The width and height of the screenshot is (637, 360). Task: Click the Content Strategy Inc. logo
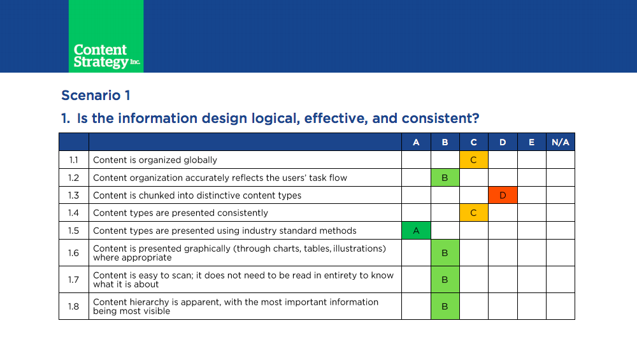click(x=106, y=36)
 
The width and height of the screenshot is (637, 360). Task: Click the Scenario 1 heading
click(x=96, y=96)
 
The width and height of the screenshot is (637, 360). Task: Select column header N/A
click(x=560, y=142)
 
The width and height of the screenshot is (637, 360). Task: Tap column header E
click(x=531, y=142)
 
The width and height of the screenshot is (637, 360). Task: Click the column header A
click(x=416, y=142)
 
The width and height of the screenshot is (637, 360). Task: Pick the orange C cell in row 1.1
click(x=474, y=160)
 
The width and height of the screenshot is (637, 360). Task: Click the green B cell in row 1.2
click(x=445, y=178)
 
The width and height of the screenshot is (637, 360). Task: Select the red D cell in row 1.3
click(x=503, y=195)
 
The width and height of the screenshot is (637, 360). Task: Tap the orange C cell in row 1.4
click(x=474, y=213)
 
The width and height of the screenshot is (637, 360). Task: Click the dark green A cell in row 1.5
click(x=416, y=231)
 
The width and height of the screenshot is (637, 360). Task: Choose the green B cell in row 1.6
click(x=445, y=253)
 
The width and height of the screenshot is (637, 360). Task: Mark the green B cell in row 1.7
click(x=445, y=280)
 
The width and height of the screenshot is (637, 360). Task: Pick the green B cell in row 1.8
click(x=445, y=306)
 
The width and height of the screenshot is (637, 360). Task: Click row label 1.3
click(x=73, y=196)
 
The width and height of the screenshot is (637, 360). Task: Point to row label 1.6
click(x=73, y=253)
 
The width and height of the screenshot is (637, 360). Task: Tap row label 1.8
click(x=73, y=306)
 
